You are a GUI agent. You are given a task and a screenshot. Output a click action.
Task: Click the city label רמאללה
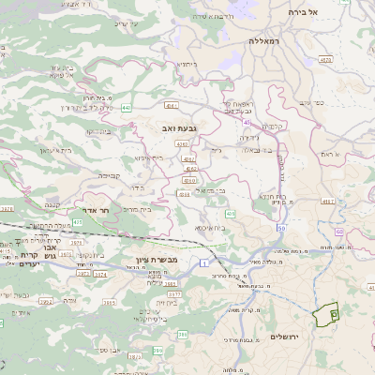click(x=265, y=42)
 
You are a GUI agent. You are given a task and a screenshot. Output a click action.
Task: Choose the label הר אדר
click(x=96, y=211)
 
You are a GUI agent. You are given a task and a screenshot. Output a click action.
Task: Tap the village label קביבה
click(x=110, y=174)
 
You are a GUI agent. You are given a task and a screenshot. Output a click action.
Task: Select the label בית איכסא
click(x=210, y=228)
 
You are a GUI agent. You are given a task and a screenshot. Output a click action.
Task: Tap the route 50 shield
click(x=280, y=228)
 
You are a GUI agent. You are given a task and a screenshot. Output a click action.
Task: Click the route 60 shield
click(x=245, y=121)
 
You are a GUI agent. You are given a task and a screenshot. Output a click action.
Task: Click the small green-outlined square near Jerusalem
click(x=335, y=315)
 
